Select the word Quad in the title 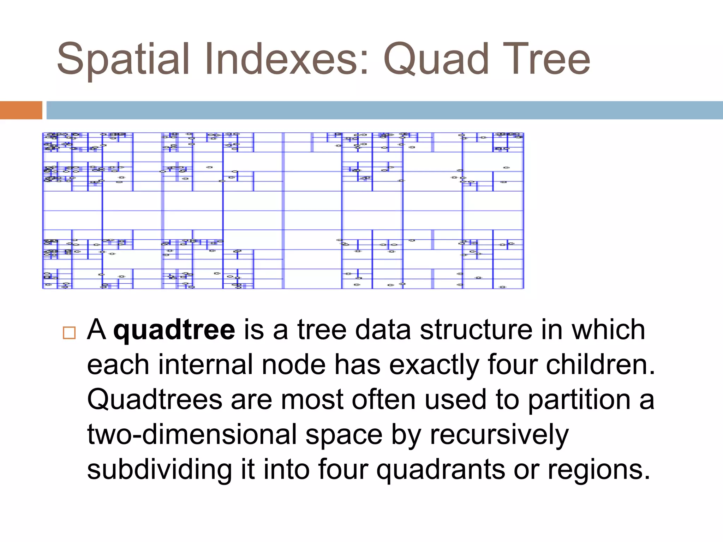(436, 59)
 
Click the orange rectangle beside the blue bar (21, 110)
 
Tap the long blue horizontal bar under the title (384, 110)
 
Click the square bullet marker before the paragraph (69, 333)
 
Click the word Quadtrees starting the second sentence (155, 400)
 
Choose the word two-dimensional (192, 435)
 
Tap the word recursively (499, 435)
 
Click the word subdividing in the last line (160, 470)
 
